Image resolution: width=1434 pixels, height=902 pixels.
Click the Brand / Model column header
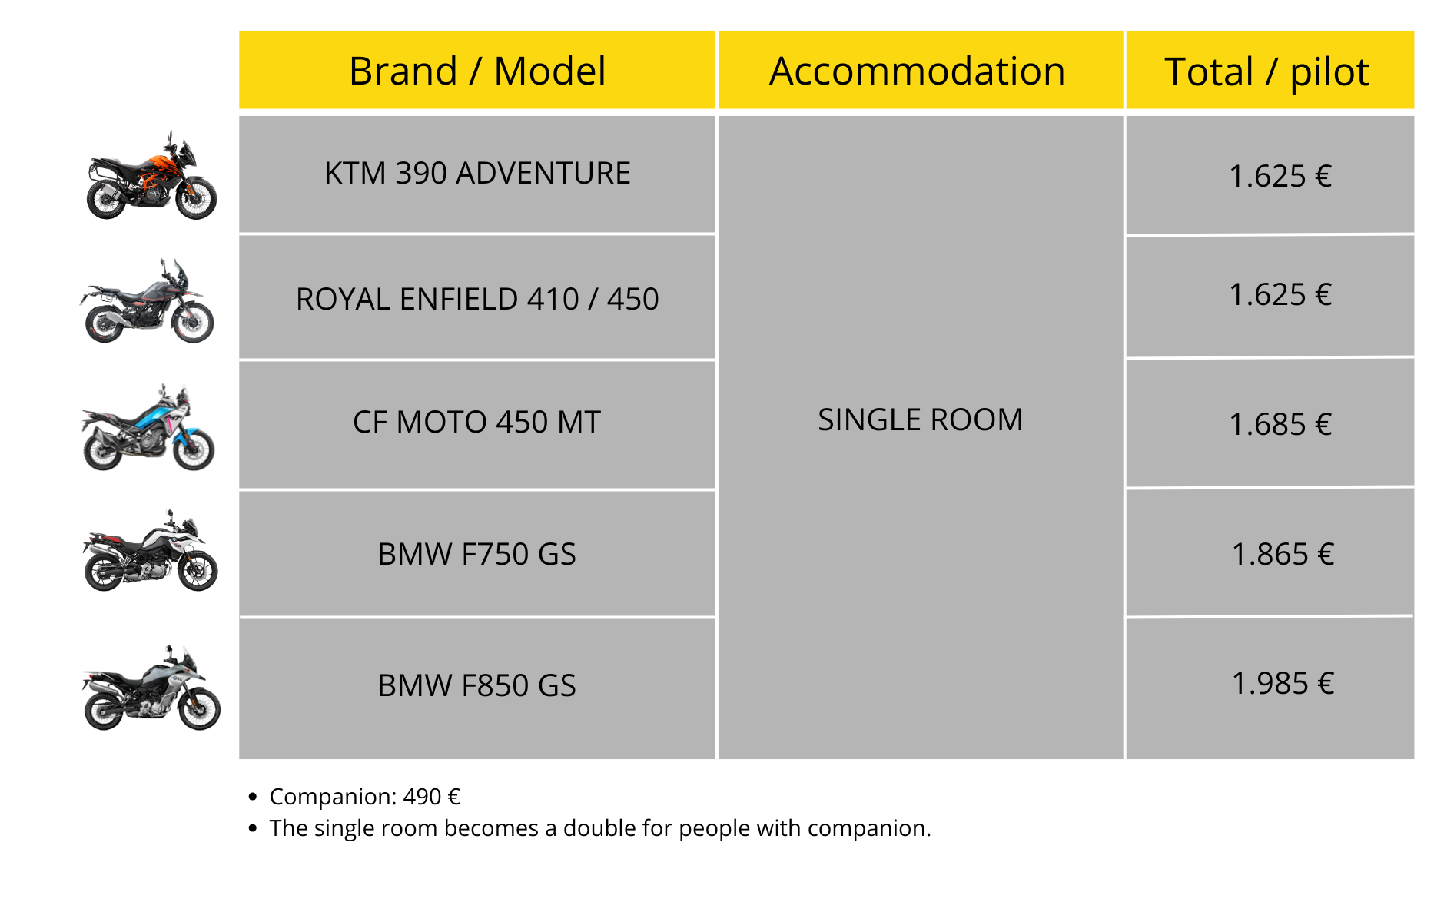(477, 71)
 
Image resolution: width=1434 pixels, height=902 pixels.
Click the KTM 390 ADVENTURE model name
(477, 174)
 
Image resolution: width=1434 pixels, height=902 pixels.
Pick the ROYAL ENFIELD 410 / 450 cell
(477, 298)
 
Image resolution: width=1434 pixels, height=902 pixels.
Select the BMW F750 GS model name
(476, 554)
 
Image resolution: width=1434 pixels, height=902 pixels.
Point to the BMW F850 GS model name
(476, 685)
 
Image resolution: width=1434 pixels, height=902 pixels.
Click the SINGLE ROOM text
(920, 420)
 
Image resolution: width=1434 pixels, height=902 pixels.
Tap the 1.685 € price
(1280, 424)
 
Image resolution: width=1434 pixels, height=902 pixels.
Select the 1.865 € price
(1283, 554)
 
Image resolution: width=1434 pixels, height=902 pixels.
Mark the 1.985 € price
(1283, 683)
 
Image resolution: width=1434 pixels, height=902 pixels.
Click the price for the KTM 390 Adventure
(1280, 176)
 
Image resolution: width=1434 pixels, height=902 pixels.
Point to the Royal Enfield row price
(1280, 294)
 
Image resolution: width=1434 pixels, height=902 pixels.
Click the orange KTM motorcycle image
(151, 175)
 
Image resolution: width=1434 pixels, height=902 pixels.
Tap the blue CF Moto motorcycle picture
(148, 427)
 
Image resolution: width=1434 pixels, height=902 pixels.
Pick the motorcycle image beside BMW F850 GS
(151, 688)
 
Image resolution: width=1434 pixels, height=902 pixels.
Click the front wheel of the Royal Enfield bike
(193, 322)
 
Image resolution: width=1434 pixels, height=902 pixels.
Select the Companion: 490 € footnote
(364, 797)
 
